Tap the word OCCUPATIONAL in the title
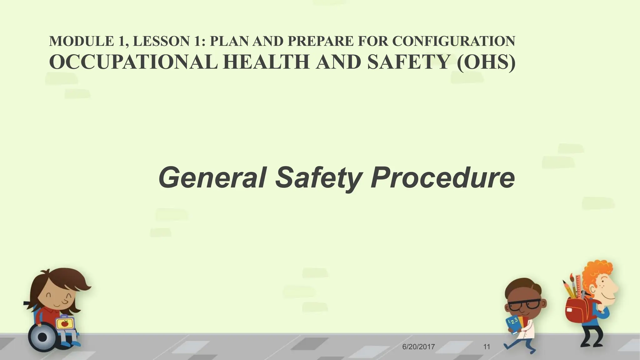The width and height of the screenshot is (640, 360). [133, 62]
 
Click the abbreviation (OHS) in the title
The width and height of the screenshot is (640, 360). [486, 62]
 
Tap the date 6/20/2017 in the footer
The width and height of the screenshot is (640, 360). [418, 347]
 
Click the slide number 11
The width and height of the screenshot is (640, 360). [487, 347]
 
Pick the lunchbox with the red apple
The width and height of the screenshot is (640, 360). [65, 323]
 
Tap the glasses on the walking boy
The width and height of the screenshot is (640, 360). [524, 305]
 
